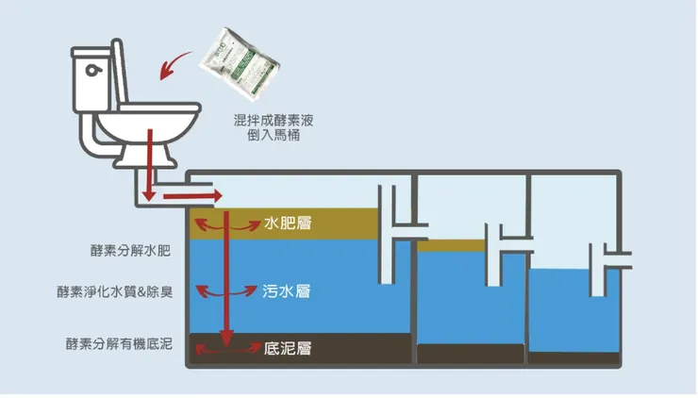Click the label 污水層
[x=287, y=291]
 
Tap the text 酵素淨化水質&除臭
[x=114, y=292]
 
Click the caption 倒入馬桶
[x=271, y=136]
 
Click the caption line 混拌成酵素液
[x=271, y=121]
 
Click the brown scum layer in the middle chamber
[x=450, y=246]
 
